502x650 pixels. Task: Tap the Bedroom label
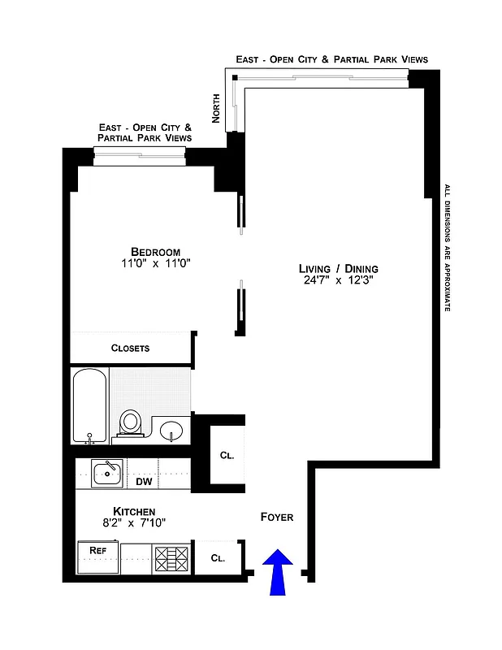(155, 252)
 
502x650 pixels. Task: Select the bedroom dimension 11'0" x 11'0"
(155, 264)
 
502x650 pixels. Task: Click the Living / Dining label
(338, 269)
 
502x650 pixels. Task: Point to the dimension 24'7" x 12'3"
(338, 281)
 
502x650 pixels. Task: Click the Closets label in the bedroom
(130, 348)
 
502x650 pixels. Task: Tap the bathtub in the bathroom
(89, 406)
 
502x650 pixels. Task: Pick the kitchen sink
(107, 472)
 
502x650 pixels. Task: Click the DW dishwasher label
(143, 480)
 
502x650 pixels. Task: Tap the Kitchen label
(134, 511)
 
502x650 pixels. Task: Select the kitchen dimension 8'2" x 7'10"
(134, 524)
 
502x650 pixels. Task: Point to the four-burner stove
(171, 559)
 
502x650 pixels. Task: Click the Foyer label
(276, 518)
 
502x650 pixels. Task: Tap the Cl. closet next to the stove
(218, 558)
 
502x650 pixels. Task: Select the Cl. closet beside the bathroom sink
(227, 456)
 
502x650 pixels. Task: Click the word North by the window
(216, 106)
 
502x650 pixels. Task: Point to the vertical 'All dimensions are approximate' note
(446, 248)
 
